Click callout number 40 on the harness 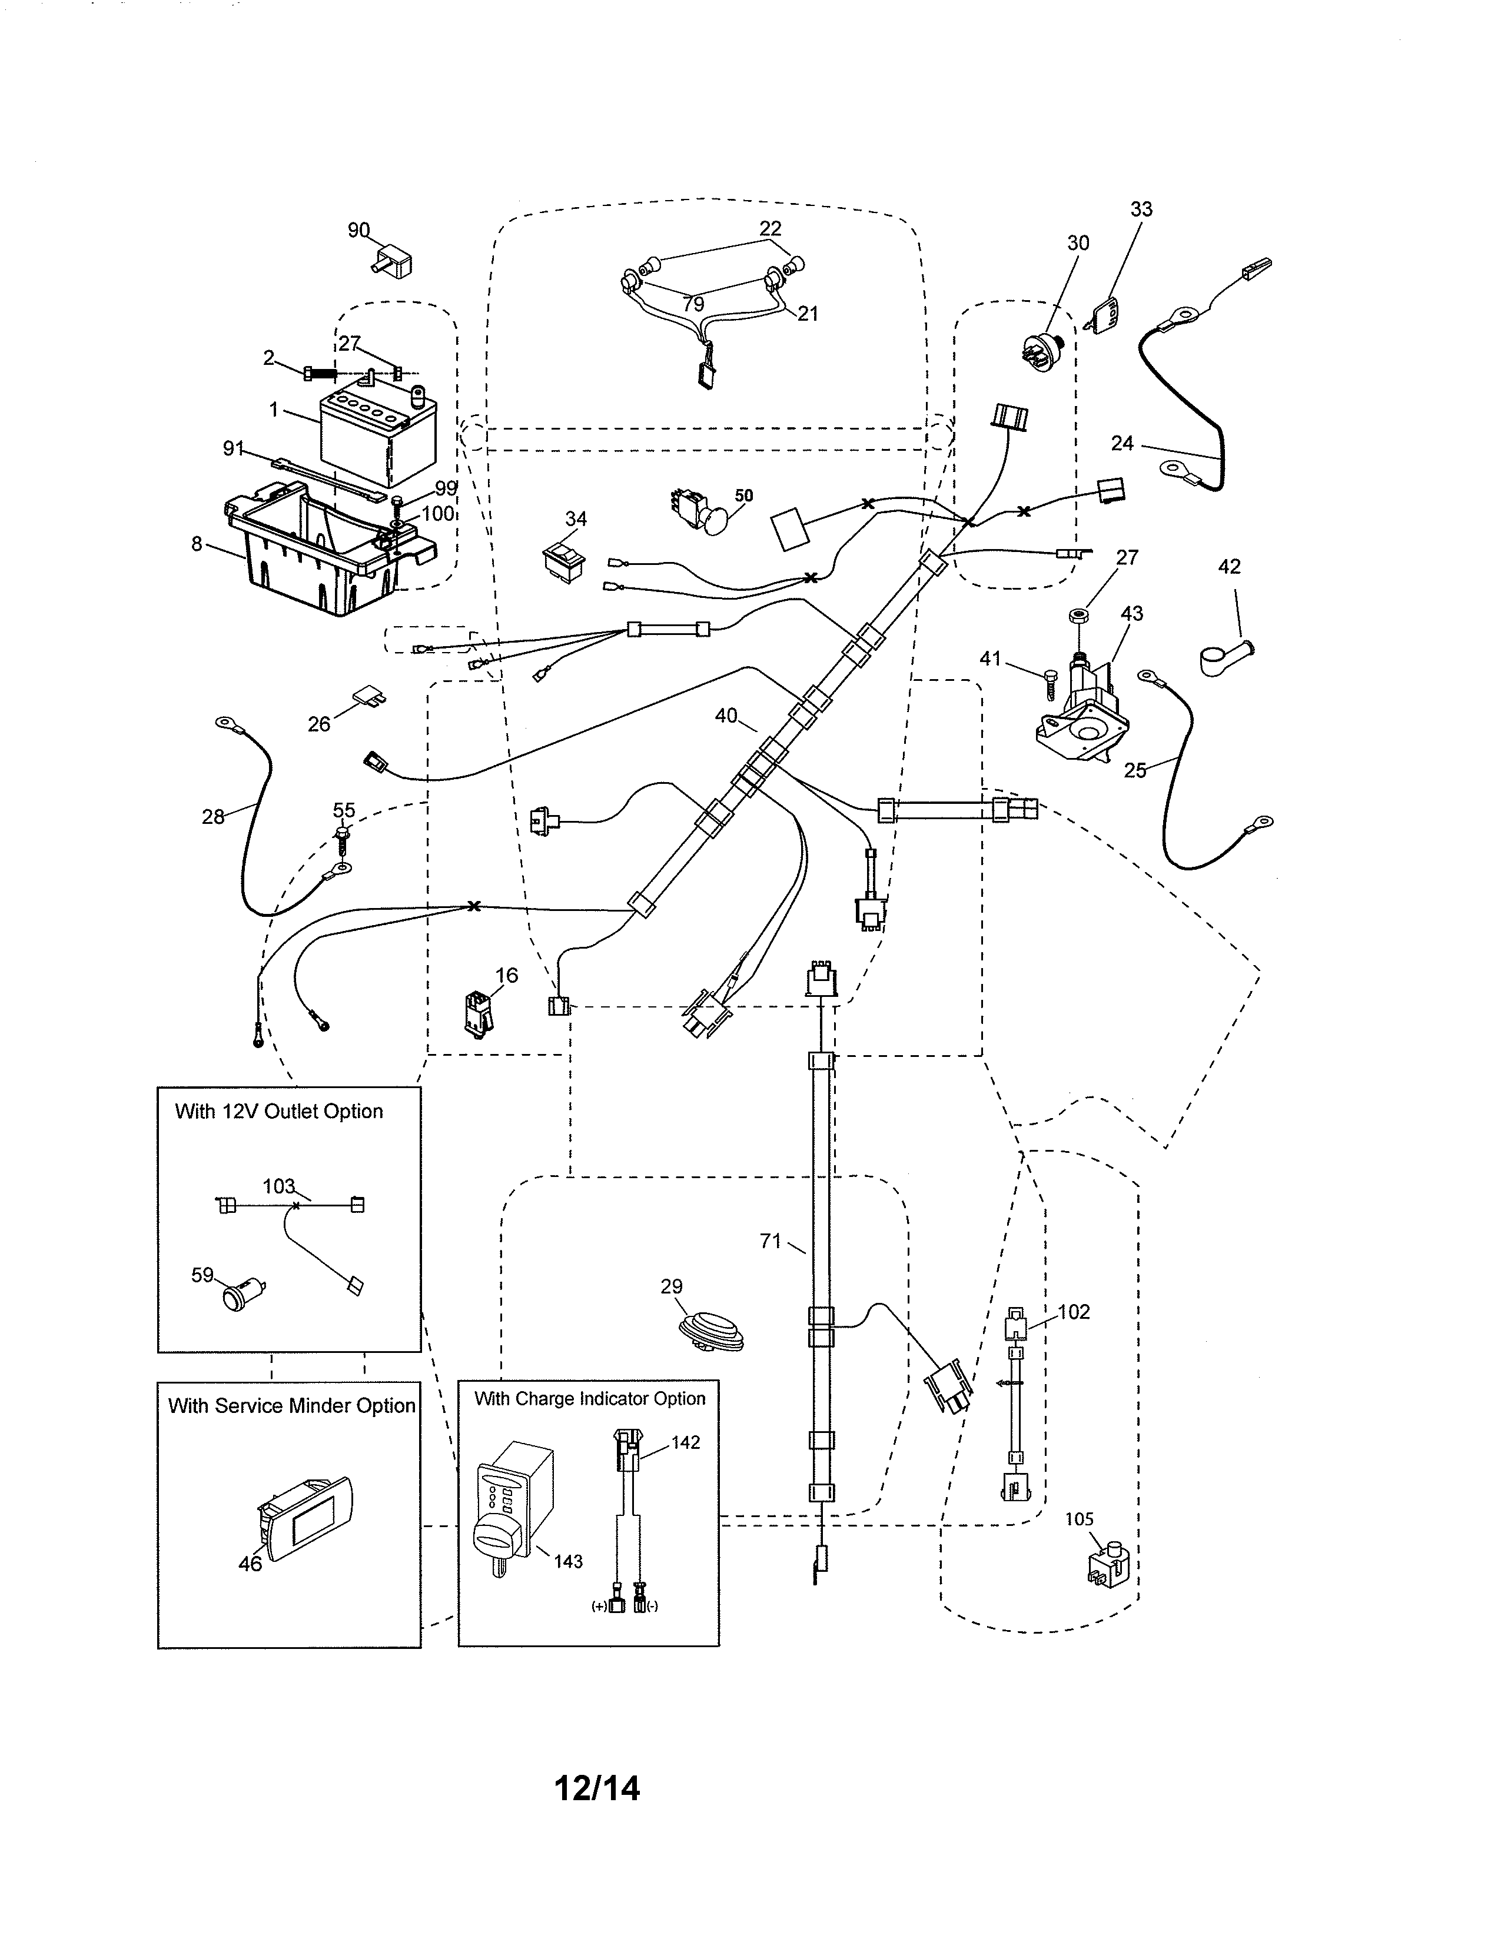coord(726,716)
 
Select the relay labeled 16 coord(477,1013)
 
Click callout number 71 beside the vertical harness coord(770,1241)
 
